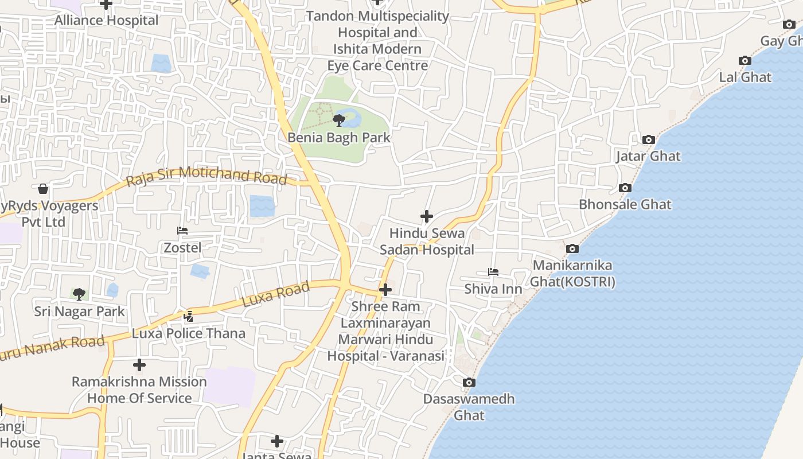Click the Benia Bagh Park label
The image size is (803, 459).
338,138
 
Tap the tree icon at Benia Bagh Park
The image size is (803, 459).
339,120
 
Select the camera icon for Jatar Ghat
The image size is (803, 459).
649,139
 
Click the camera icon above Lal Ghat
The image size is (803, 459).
744,60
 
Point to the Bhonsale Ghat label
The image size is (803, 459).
625,204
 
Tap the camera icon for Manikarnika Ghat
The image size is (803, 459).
572,248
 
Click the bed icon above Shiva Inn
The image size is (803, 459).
493,271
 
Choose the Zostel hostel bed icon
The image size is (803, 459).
182,231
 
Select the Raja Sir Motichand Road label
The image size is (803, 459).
206,176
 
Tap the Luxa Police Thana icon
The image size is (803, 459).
188,316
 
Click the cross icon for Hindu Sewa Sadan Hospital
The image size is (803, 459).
426,216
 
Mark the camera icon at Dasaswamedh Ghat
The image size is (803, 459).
469,382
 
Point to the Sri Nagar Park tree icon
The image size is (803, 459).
79,294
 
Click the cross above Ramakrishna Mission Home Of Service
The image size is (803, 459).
139,365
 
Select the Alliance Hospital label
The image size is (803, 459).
106,21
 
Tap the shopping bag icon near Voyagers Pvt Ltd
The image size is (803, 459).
42,189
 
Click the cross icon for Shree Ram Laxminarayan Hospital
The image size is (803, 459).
385,290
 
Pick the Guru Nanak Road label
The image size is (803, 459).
52,348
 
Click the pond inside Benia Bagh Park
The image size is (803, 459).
351,118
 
